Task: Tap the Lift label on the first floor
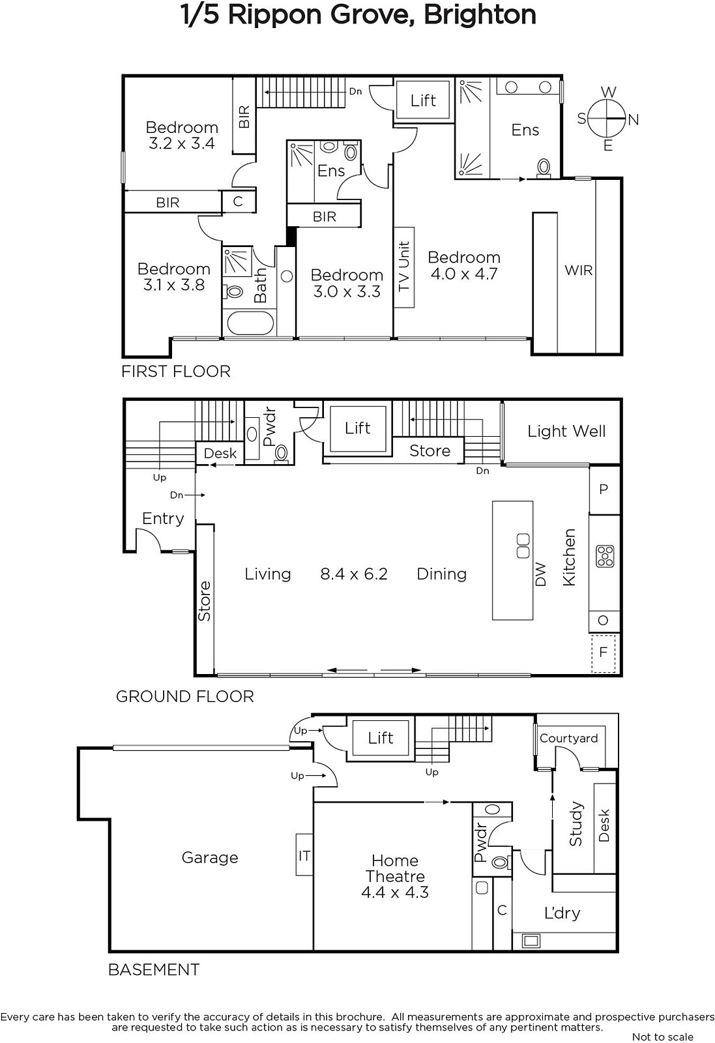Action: (423, 100)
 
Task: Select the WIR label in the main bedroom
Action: (579, 270)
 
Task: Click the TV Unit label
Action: (403, 267)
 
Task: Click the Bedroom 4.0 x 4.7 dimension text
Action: (464, 273)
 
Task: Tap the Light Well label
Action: (566, 431)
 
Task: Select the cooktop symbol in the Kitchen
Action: (605, 557)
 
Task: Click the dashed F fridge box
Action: (604, 653)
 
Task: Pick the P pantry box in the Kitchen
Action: (604, 490)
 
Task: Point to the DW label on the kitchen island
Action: (540, 574)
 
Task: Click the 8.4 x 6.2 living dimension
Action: (354, 574)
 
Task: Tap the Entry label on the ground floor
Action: (163, 519)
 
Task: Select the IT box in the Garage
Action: (304, 855)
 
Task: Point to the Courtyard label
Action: (568, 739)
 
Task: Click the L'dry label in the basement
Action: (562, 913)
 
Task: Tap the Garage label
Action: (209, 858)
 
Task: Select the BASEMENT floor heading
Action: (154, 970)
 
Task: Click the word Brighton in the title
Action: (480, 15)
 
